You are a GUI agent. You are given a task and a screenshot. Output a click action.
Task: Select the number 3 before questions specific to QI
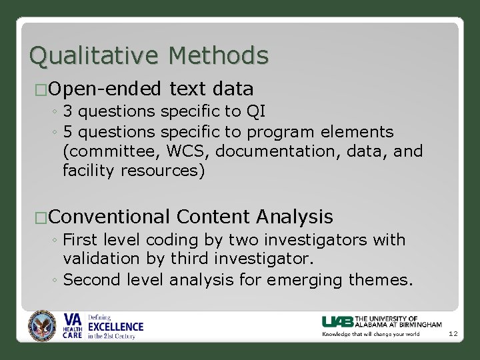[x=68, y=111]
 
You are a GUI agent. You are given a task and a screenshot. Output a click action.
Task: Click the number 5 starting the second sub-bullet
[x=68, y=132]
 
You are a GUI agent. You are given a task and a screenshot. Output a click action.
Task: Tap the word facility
[x=89, y=171]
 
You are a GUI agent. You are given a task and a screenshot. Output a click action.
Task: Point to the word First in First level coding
[x=80, y=239]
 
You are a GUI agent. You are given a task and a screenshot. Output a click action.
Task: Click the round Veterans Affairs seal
[x=43, y=327]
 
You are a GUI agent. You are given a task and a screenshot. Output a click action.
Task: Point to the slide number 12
[x=453, y=333]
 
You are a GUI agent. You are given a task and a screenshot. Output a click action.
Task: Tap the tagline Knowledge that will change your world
[x=371, y=333]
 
